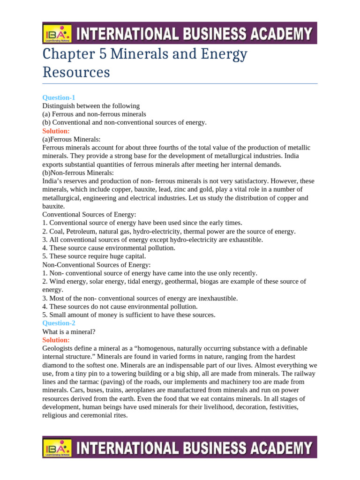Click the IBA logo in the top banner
click(x=57, y=33)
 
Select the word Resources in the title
click(x=76, y=72)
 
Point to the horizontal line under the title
click(x=180, y=84)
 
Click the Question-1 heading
click(x=59, y=97)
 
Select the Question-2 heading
click(x=59, y=323)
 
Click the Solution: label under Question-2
click(x=56, y=340)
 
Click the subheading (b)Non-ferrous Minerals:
click(x=78, y=172)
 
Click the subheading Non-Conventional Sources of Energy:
click(x=97, y=265)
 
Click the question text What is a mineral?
click(x=69, y=331)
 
